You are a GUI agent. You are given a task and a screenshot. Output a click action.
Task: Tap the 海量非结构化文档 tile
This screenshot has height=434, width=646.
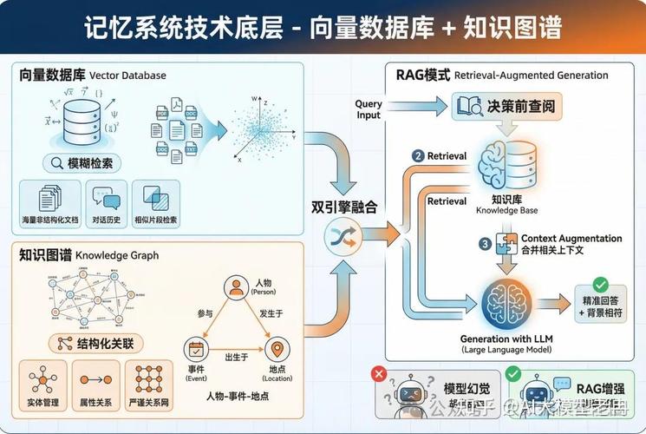(x=49, y=205)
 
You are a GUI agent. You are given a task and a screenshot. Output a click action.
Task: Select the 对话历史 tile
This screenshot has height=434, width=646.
(x=106, y=205)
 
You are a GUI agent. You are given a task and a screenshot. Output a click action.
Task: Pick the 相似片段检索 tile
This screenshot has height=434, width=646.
(x=156, y=205)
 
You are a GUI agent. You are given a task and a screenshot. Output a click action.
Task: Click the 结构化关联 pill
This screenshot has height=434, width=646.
(x=95, y=343)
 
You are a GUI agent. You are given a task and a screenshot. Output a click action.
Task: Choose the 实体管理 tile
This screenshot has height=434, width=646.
(x=42, y=385)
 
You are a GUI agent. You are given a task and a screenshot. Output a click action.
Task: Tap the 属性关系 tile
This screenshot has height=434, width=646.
(x=94, y=385)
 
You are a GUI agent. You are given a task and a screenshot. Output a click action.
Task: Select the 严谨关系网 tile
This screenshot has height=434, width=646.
(x=149, y=385)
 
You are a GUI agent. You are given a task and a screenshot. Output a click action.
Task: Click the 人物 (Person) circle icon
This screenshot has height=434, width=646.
(x=235, y=288)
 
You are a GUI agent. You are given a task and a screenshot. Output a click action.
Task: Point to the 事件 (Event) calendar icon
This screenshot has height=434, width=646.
(x=195, y=350)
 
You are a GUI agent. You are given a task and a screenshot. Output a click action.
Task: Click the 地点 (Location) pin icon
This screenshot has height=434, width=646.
(x=277, y=350)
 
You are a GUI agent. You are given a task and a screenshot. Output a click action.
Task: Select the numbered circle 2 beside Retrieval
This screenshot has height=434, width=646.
(x=419, y=156)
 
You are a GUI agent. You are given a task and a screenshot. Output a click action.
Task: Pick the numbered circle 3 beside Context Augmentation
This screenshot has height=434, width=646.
(x=485, y=244)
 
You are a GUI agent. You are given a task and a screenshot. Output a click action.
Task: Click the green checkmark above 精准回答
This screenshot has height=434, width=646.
(x=598, y=284)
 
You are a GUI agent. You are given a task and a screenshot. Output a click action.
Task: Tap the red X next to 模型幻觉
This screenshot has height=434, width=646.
(x=378, y=374)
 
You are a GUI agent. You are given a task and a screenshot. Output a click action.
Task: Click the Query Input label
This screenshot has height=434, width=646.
(x=369, y=109)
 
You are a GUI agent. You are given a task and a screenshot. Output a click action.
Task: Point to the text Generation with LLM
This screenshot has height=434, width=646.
(x=507, y=339)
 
